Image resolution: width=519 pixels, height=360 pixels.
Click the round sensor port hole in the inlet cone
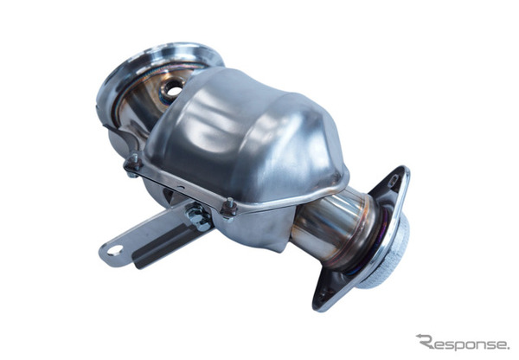(171, 87)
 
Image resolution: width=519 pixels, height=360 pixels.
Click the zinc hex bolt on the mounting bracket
(197, 215)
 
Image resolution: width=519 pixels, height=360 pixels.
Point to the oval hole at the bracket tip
(115, 250)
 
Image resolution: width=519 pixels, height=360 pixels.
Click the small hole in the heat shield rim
(181, 188)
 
